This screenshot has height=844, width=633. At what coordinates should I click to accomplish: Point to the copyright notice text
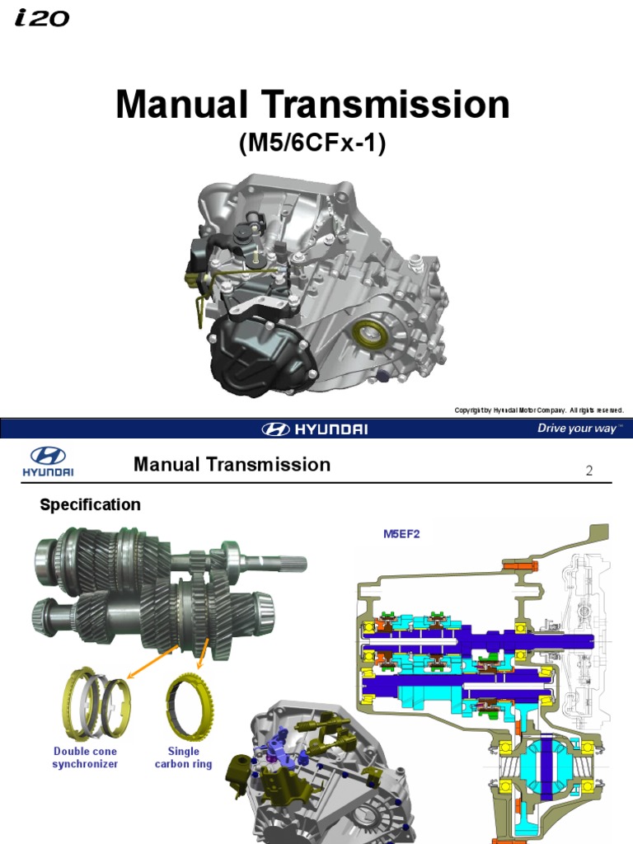(538, 410)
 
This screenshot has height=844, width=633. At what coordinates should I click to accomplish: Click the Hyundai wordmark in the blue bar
(315, 429)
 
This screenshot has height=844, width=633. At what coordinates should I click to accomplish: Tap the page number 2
(588, 471)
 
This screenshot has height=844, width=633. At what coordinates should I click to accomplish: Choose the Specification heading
(90, 504)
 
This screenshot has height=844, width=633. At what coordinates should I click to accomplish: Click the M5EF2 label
(401, 533)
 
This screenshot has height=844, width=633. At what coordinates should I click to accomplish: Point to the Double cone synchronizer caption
(86, 757)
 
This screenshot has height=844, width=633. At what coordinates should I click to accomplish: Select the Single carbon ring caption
(183, 757)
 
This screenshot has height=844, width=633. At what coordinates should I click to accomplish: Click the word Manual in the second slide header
(166, 465)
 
